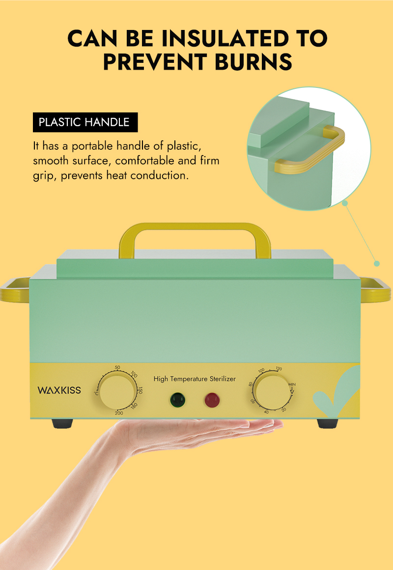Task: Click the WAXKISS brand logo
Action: (59, 390)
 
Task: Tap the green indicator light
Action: (177, 400)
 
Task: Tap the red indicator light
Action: (212, 400)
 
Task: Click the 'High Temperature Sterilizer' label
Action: (195, 379)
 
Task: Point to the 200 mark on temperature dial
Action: (119, 413)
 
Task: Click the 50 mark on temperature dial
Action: (117, 368)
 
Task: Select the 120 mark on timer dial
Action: (279, 369)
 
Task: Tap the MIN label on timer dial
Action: (292, 384)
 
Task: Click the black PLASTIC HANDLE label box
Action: (85, 122)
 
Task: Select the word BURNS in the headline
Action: (253, 62)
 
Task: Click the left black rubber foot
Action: (62, 424)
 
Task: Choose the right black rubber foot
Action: (328, 424)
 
